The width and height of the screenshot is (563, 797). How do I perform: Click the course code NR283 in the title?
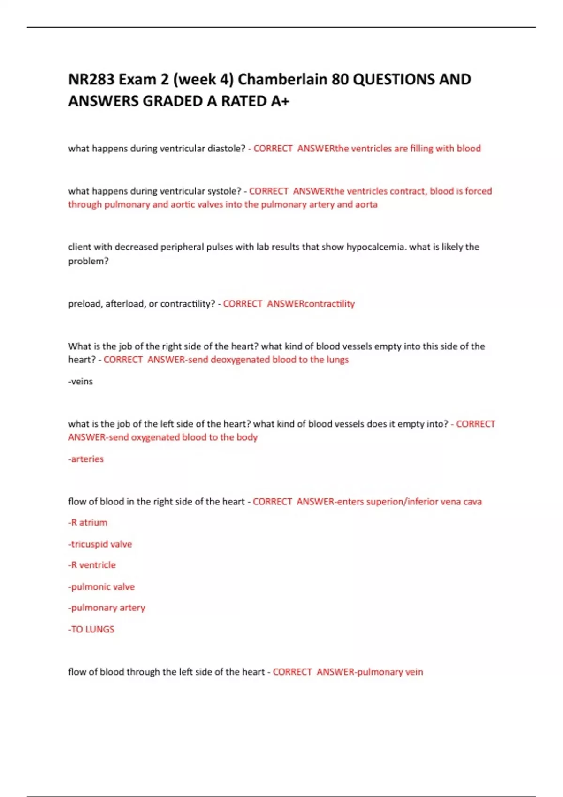(91, 79)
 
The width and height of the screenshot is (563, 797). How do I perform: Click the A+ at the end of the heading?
(280, 101)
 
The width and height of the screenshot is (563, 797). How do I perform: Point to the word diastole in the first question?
(226, 149)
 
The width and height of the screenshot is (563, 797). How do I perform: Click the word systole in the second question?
(224, 191)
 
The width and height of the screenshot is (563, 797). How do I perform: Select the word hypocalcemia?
(375, 247)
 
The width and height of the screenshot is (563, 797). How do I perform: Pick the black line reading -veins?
(81, 382)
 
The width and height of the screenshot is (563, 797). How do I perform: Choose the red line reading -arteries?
(86, 459)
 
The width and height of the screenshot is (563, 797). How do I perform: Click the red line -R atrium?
(88, 522)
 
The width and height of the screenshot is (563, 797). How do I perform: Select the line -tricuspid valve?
(100, 544)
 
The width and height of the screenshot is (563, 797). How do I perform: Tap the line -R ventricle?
(92, 565)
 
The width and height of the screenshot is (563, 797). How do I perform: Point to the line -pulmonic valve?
(101, 586)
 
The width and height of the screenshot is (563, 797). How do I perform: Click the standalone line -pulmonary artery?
(107, 608)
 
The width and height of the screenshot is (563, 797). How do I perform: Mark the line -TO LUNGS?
(91, 629)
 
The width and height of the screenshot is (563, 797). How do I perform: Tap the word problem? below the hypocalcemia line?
(88, 261)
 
